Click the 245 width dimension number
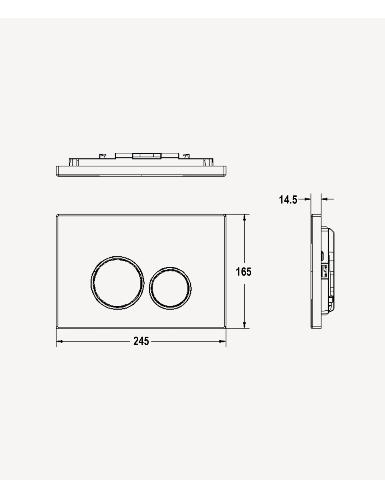(x=141, y=341)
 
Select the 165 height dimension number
(x=244, y=272)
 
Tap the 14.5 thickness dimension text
(x=288, y=200)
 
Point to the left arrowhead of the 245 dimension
(x=59, y=341)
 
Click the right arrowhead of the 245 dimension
(x=222, y=341)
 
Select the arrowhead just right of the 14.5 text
(x=308, y=199)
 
